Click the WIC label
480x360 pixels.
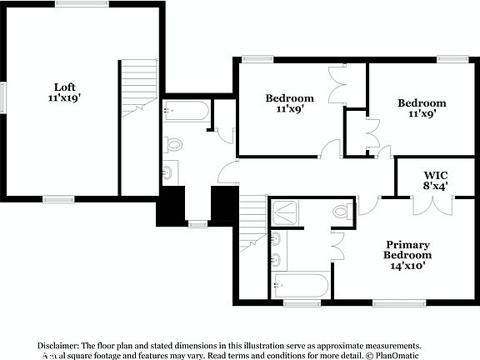tap(433, 175)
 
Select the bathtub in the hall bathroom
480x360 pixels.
tap(187, 112)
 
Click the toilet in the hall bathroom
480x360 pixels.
tap(172, 144)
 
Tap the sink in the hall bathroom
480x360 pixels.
tap(167, 173)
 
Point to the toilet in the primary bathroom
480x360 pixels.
tap(342, 212)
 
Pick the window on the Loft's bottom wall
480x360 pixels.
tap(57, 198)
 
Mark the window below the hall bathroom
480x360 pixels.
tap(197, 223)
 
